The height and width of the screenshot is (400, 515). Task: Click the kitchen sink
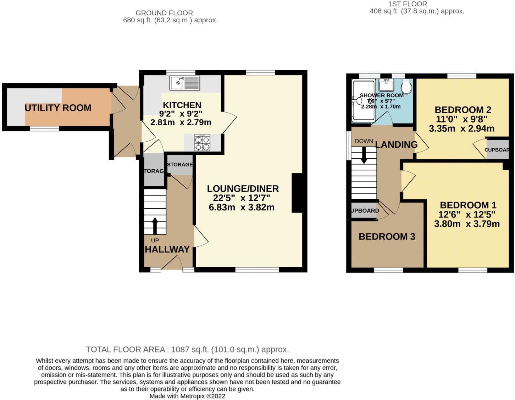coord(185,83)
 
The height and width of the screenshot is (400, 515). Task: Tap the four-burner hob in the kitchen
coord(203,143)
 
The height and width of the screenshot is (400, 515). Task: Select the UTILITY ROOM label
coord(58,108)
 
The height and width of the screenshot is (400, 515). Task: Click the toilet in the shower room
coord(407,86)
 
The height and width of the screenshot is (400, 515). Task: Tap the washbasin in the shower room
coord(386,85)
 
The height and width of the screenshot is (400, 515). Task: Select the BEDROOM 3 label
coord(387,237)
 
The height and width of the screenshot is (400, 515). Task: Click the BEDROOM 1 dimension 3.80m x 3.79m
coord(467,224)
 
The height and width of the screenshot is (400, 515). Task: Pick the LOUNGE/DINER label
coord(243,188)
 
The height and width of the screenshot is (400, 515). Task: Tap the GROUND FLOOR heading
coord(164,13)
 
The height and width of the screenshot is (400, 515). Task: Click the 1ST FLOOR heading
coord(408,4)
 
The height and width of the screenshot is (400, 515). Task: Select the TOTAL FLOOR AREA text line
coord(187,350)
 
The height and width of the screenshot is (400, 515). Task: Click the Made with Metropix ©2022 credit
coord(187,396)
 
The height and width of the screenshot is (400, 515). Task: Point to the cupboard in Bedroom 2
coord(498,150)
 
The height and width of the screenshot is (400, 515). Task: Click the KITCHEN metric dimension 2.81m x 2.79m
coord(181,123)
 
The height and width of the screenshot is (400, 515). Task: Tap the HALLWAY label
coord(167,250)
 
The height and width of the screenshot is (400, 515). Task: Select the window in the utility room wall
coord(44,129)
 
